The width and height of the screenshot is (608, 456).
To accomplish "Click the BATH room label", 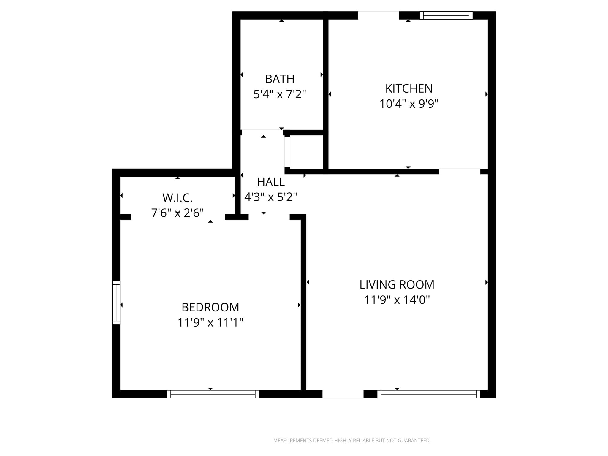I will pos(280,79).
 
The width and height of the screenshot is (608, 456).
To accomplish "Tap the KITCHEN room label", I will pos(409,88).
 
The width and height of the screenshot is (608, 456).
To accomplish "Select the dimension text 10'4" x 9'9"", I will pos(409,104).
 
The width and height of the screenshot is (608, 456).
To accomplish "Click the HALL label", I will pos(271,182).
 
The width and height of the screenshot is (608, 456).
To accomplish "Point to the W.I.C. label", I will pos(178,198).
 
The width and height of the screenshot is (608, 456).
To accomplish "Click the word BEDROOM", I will pos(210,307).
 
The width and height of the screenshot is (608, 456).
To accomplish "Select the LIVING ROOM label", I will pos(397,285).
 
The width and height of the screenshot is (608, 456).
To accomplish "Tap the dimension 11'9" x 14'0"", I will pos(397,300).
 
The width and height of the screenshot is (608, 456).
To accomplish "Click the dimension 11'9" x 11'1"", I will pos(210,322).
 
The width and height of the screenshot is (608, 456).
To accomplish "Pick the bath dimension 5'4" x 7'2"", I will pos(280,94).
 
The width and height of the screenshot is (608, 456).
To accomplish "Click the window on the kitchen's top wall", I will pos(446,15).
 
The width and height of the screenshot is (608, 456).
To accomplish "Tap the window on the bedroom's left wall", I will pos(116,303).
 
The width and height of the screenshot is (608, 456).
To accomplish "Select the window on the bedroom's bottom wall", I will pos(213,394).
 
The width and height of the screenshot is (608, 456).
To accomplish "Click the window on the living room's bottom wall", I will pos(428,394).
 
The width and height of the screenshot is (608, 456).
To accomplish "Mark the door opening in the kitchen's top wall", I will pos(378,15).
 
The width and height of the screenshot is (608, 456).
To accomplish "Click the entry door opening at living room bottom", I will pos(343,394).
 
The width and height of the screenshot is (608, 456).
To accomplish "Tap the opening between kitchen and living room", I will pos(460,171).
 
